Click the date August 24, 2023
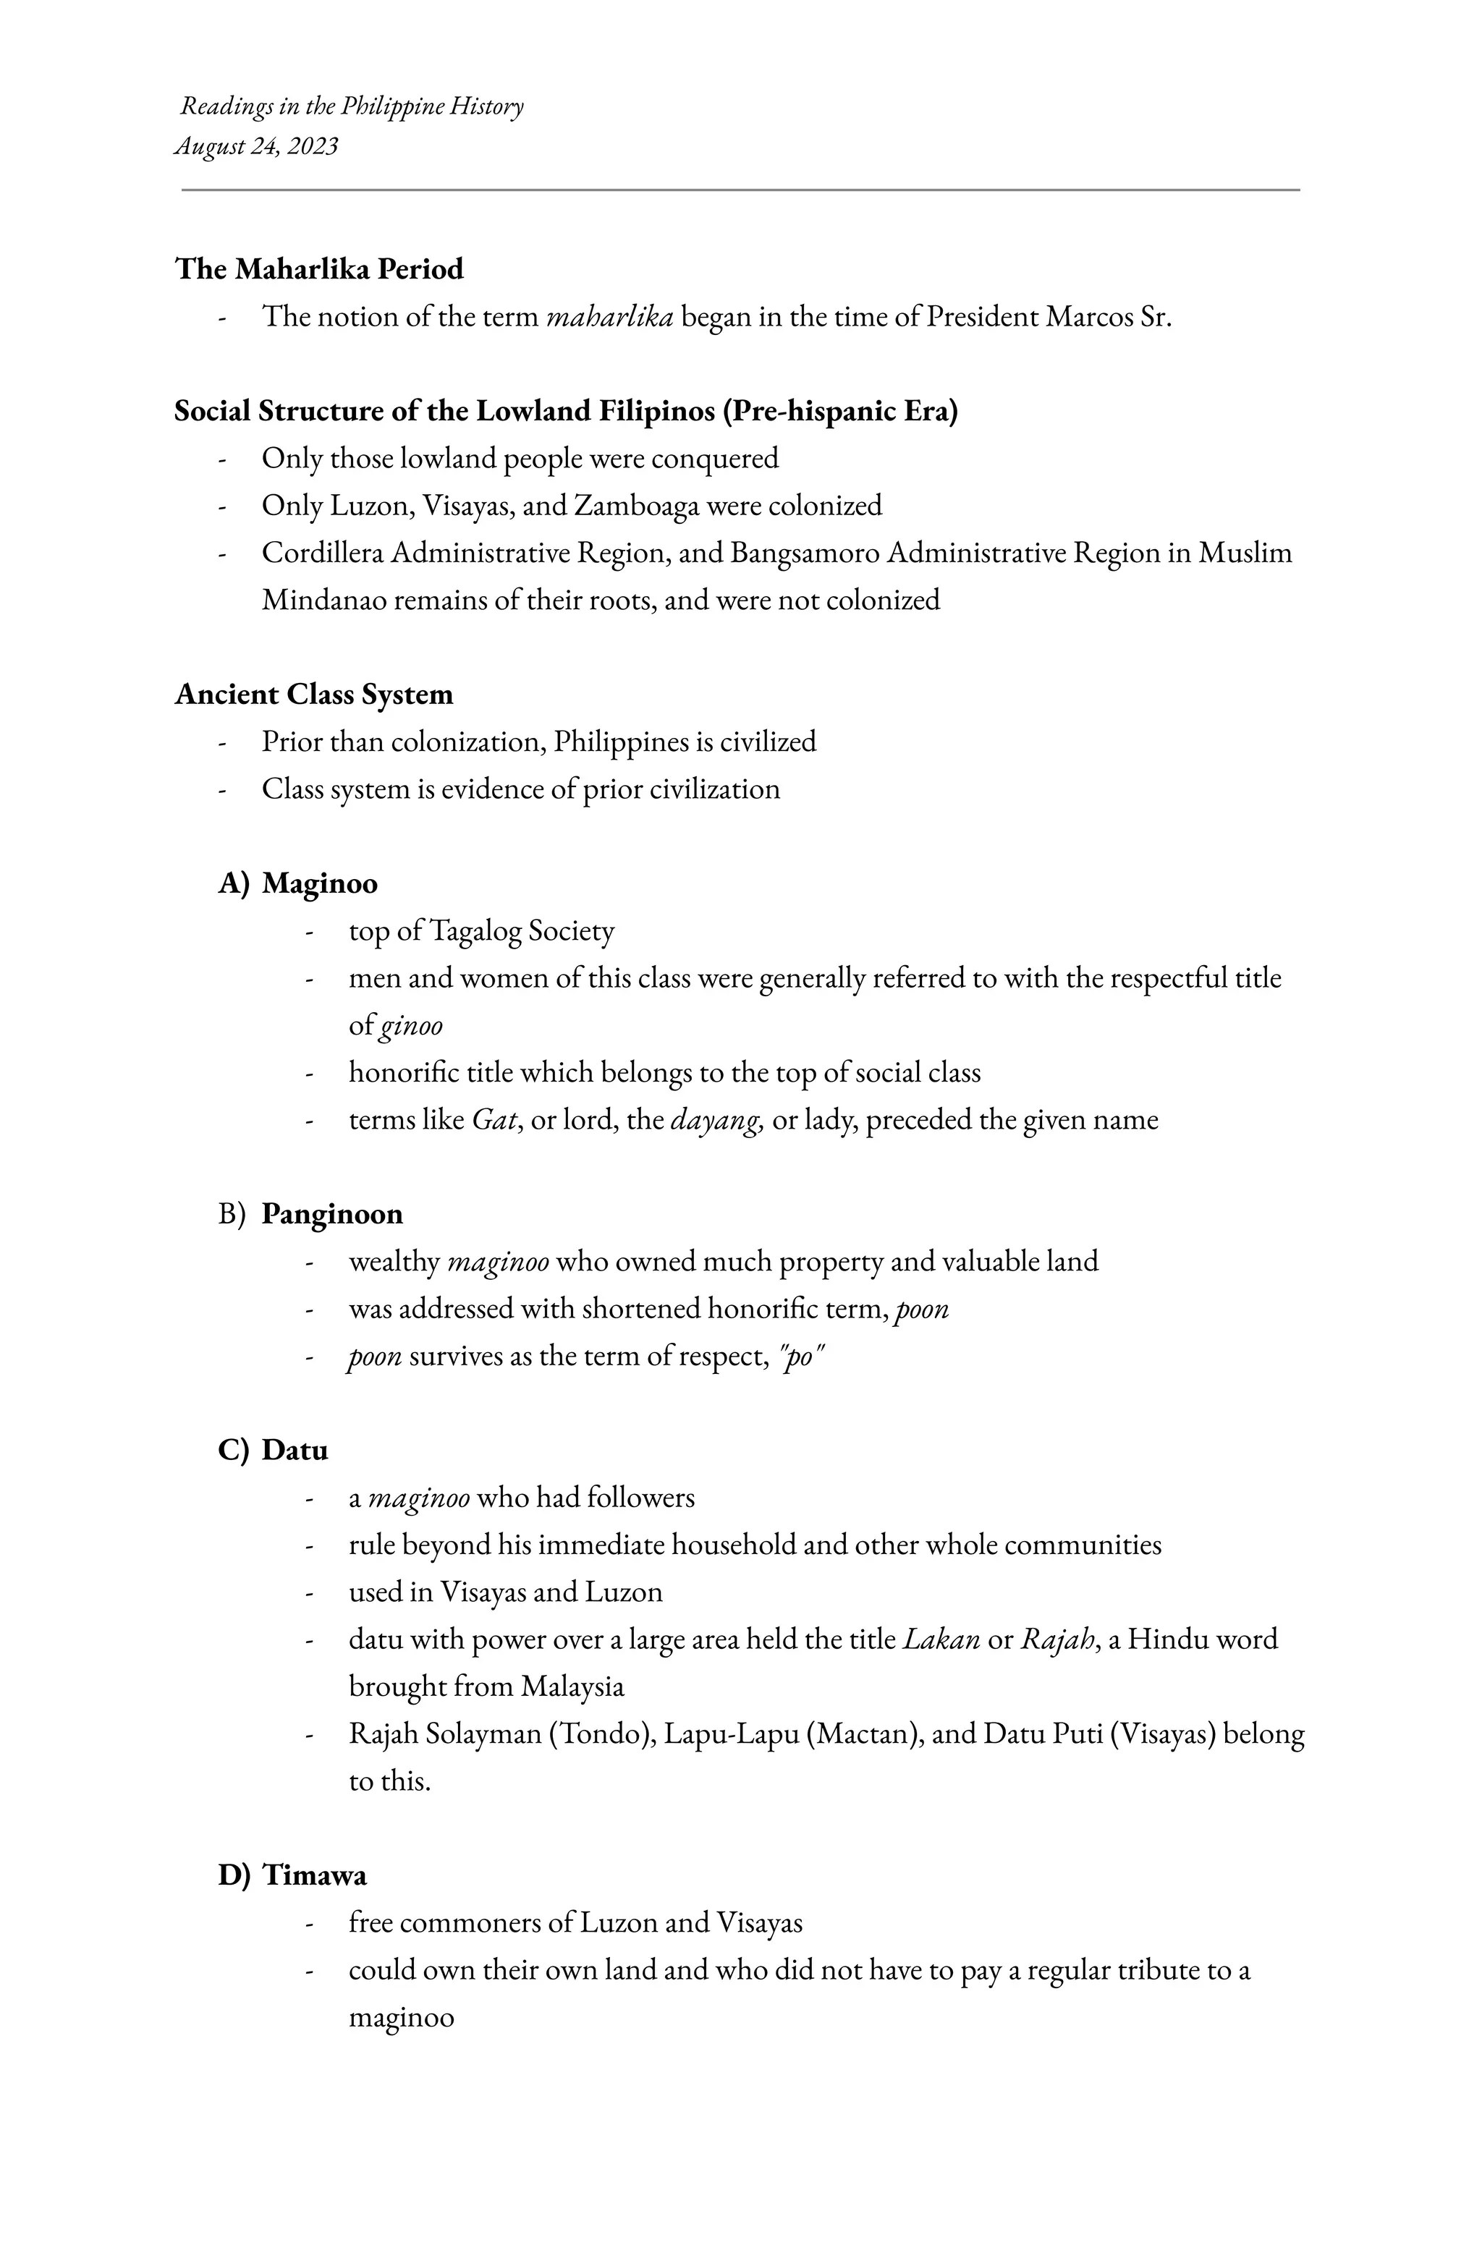[x=256, y=147]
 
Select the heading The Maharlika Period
[x=319, y=269]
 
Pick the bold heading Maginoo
[x=319, y=883]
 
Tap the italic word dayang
[x=716, y=1120]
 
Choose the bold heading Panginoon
[x=331, y=1214]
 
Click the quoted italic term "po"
[x=801, y=1356]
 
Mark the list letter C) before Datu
[x=233, y=1450]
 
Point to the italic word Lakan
[x=940, y=1639]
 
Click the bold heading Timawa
[x=314, y=1875]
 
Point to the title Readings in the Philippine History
[x=352, y=106]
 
